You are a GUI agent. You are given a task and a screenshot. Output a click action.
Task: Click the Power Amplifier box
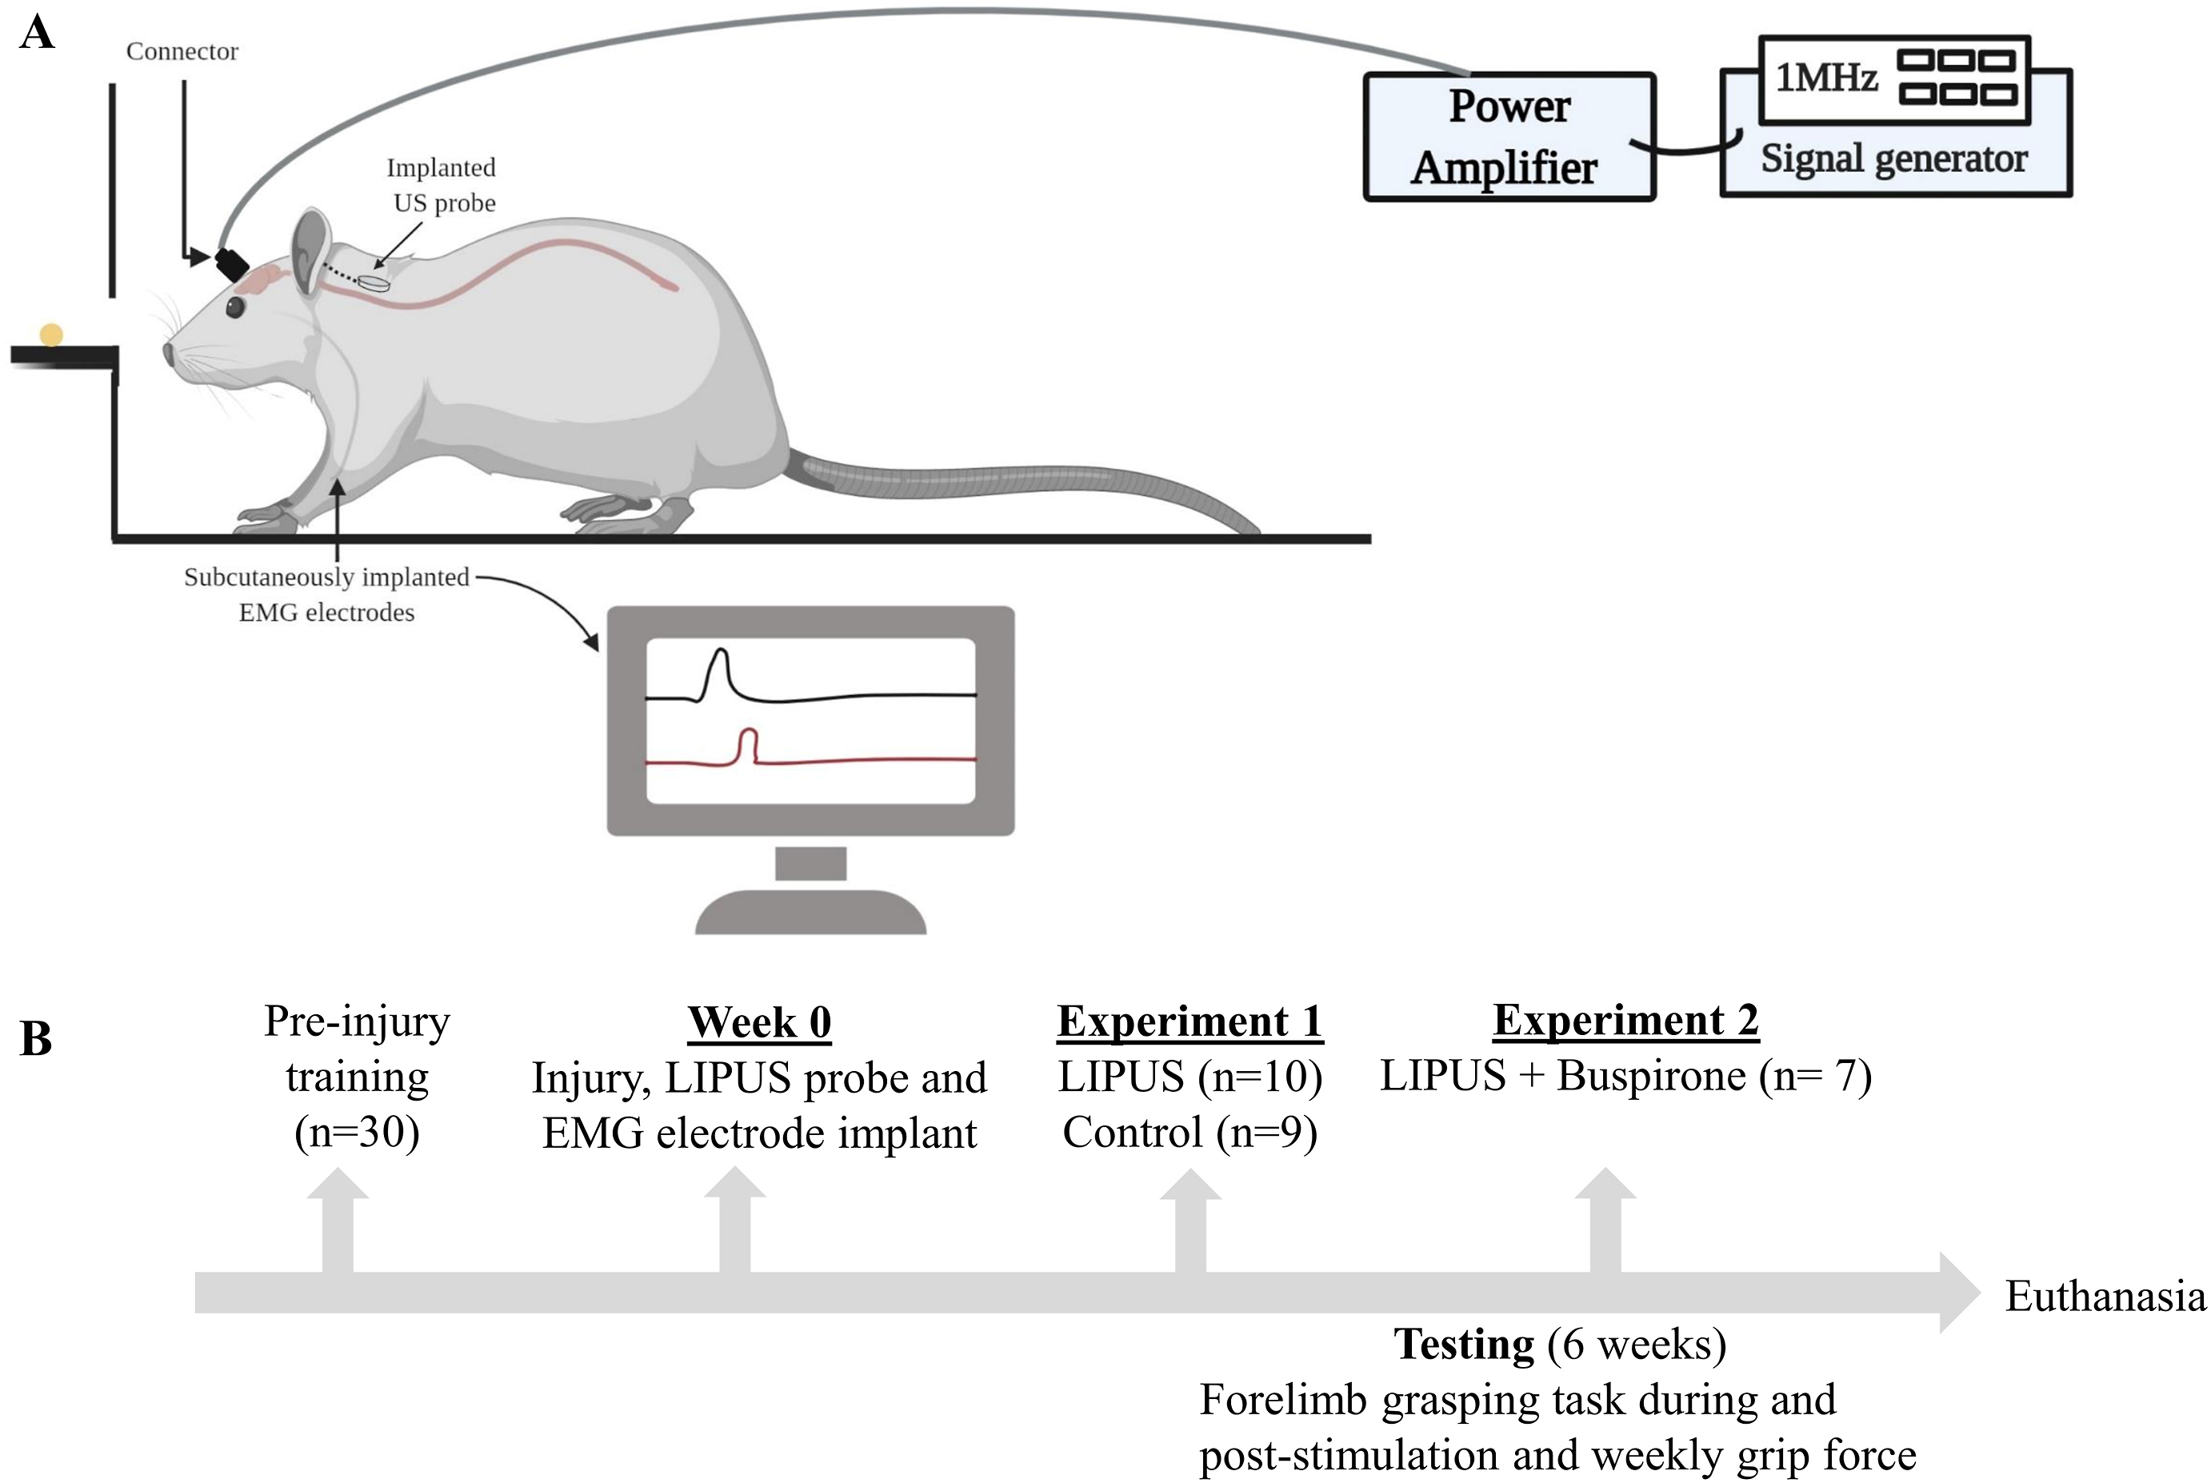point(1509,137)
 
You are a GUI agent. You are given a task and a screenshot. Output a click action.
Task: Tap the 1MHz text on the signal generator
point(1825,78)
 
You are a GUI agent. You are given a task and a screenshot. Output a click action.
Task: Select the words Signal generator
point(1893,158)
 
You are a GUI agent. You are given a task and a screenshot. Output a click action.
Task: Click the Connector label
point(182,51)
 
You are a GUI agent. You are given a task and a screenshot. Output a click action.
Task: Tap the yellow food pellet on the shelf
point(51,335)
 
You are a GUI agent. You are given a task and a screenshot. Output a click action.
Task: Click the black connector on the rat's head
point(232,263)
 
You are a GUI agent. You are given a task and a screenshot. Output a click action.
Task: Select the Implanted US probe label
point(442,186)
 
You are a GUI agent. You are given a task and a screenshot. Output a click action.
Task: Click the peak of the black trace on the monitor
point(721,650)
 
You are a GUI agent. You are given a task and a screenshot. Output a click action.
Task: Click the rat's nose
point(168,354)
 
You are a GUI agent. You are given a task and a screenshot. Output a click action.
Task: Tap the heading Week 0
point(758,1022)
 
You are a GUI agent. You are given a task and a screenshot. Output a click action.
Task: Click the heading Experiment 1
point(1189,1021)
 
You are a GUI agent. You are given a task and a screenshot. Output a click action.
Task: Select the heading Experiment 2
point(1625,1021)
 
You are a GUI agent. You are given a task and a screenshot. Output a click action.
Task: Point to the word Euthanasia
point(2105,1296)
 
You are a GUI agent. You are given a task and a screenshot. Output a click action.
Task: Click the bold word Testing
point(1464,1344)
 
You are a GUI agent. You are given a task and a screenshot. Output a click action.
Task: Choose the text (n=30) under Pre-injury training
point(357,1132)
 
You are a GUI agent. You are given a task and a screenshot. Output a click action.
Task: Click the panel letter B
point(36,1038)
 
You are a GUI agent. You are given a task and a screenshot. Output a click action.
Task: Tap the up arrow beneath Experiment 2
point(1605,1220)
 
